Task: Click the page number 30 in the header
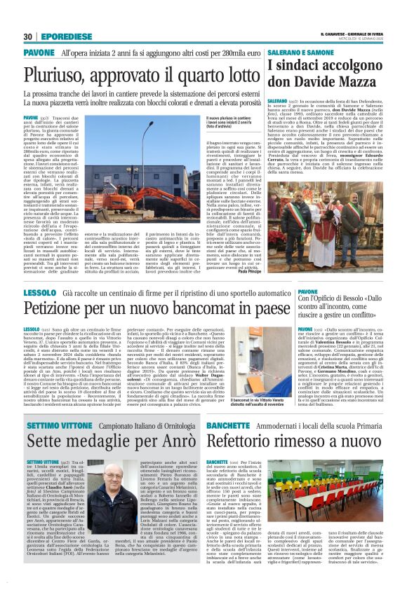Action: pyautogui.click(x=27, y=36)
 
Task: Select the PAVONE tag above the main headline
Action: pyautogui.click(x=39, y=53)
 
